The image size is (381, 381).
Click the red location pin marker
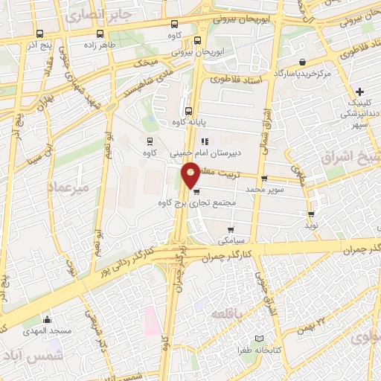[191, 176]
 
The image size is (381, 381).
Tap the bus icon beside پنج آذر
[39, 33]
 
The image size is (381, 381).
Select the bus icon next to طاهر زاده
[100, 33]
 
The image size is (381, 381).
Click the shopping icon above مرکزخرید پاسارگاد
[301, 62]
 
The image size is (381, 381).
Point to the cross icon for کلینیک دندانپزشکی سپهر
[360, 91]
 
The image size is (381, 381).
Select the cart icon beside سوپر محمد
[264, 179]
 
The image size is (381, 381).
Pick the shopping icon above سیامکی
[231, 229]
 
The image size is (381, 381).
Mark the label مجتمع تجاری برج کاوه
[197, 202]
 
